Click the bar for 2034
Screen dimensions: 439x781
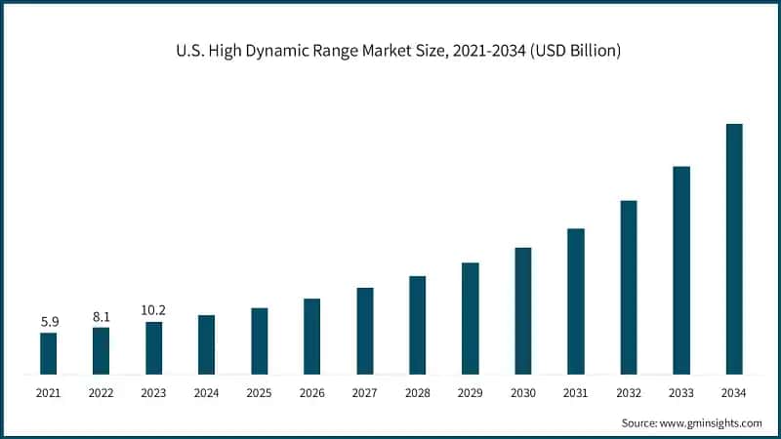click(x=734, y=249)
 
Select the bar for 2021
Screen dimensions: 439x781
click(x=49, y=353)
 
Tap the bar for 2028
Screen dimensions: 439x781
click(x=418, y=325)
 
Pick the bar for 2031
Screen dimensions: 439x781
click(x=576, y=301)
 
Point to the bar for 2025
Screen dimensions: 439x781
click(x=260, y=340)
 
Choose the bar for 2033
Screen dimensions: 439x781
click(x=681, y=270)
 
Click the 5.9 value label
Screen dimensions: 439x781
click(x=49, y=320)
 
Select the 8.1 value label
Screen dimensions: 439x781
click(x=102, y=315)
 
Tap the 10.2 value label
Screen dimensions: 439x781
click(x=154, y=310)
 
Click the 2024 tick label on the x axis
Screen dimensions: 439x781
click(x=207, y=393)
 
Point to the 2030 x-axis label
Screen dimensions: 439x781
click(x=523, y=393)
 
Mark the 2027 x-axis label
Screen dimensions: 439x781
click(x=365, y=393)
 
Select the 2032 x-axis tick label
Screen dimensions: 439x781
click(x=629, y=393)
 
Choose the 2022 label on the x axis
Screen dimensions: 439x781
click(x=102, y=393)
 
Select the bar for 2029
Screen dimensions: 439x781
click(x=471, y=318)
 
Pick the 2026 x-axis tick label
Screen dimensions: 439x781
click(x=312, y=393)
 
